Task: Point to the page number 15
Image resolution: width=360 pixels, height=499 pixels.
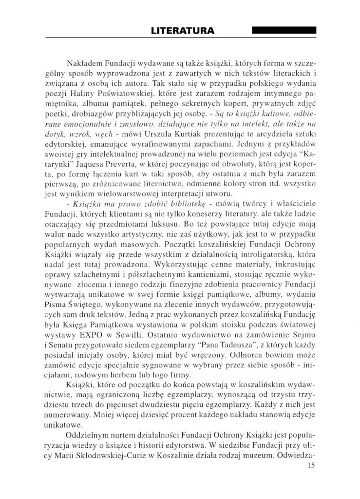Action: pos(312,465)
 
